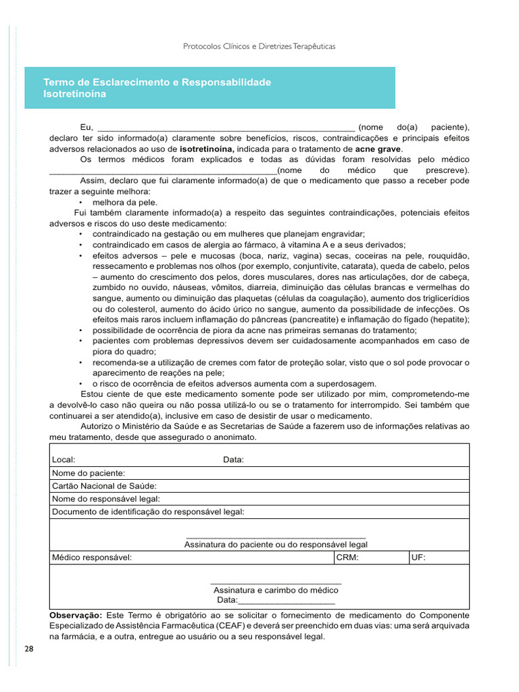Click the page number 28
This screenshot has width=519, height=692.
[x=28, y=649]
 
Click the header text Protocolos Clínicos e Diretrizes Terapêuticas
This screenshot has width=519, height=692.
[x=259, y=47]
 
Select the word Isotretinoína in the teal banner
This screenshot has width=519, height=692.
[x=74, y=95]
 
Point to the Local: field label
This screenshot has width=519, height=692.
[x=64, y=460]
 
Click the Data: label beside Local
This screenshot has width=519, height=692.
[x=233, y=460]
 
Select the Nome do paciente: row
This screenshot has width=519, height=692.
[x=89, y=473]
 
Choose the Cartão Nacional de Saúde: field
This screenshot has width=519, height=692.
[x=104, y=486]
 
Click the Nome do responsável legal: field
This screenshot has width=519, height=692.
[x=106, y=499]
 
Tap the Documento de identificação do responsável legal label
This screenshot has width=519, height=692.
[x=148, y=512]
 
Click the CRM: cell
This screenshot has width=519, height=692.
[x=347, y=558]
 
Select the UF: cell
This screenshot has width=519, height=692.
[x=418, y=558]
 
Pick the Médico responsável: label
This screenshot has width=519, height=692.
[x=92, y=558]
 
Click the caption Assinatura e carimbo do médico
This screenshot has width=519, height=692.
[x=276, y=590]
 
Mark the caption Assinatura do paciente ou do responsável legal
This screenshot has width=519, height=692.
[x=276, y=544]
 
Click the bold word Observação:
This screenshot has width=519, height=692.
[x=76, y=615]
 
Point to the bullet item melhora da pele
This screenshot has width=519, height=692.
[x=124, y=202]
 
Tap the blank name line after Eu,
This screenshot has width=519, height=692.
[x=226, y=127]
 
